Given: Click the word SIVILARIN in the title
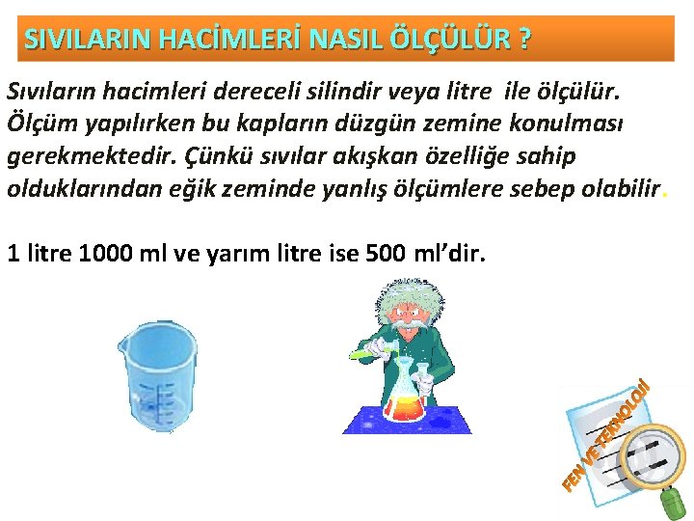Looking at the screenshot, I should click(x=71, y=40).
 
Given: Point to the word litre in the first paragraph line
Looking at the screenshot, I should click(x=517, y=91).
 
